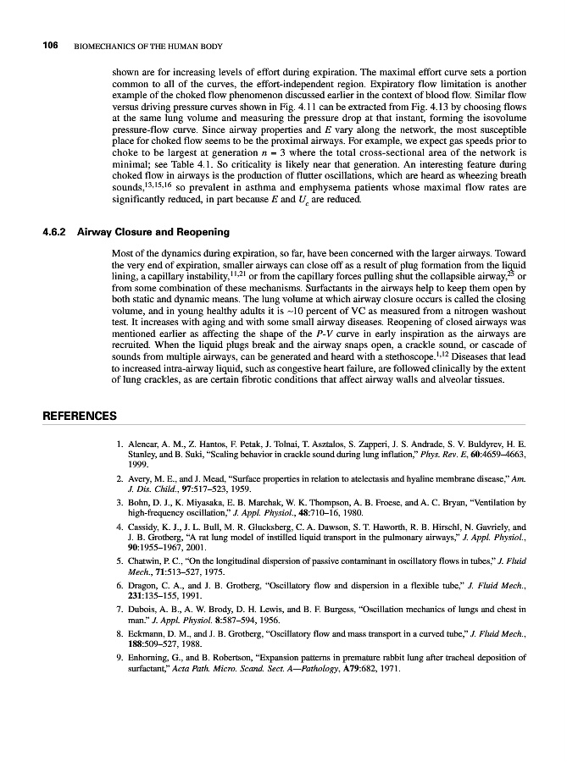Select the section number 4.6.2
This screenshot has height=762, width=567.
coord(57,231)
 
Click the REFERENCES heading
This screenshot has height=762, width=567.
coord(80,416)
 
